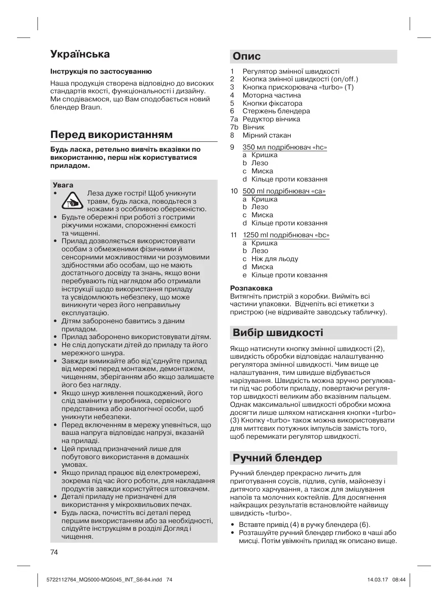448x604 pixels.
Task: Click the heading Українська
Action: (80, 54)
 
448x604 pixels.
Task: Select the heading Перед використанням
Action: (112, 135)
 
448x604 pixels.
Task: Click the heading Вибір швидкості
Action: (278, 332)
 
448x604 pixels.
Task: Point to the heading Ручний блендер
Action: (277, 458)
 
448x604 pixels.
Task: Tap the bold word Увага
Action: (63, 185)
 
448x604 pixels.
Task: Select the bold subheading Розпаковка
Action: (251, 288)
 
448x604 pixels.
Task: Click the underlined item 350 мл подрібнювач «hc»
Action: (284, 147)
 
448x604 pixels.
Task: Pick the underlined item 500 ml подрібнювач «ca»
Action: (284, 191)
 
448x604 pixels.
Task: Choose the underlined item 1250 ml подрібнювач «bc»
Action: (286, 235)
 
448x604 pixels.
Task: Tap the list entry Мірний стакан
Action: (267, 135)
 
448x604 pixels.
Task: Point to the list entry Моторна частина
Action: (272, 95)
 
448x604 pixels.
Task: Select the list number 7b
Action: (234, 127)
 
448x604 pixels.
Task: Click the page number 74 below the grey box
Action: (54, 552)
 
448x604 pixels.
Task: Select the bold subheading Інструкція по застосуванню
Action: (101, 72)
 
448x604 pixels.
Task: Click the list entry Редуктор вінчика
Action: (271, 119)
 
